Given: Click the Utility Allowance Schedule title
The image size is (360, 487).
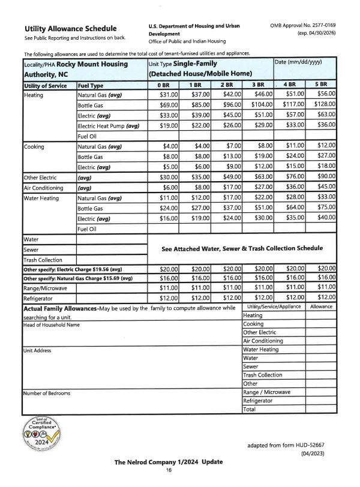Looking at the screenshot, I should pos(70,29).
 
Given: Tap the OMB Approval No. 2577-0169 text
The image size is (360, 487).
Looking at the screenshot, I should pos(303,26).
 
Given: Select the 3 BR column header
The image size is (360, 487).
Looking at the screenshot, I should pos(258,86).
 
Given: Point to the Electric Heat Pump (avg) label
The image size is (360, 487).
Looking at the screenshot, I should pos(108,125).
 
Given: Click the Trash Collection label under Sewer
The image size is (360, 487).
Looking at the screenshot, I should pos(43,260).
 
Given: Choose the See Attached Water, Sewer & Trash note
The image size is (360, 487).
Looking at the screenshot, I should pos(242,248).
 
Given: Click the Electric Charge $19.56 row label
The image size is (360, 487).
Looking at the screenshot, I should pos(73,269).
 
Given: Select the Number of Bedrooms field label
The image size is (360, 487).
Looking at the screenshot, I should pos(47,393).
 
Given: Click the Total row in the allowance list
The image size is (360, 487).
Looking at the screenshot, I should pos(250,410).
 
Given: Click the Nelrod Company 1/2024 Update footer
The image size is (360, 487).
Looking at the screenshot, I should pos(169,462).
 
